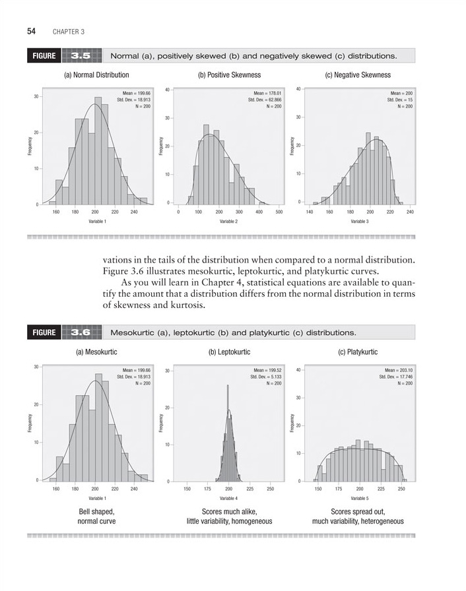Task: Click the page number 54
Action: [31, 31]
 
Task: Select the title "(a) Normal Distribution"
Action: [96, 75]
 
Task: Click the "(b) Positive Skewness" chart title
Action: [228, 75]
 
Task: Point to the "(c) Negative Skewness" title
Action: [358, 75]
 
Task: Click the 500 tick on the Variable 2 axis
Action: [280, 212]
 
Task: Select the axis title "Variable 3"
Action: [360, 222]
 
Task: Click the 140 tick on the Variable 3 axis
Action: [309, 212]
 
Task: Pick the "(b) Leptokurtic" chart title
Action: [229, 352]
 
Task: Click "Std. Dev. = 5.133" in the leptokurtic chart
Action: [265, 377]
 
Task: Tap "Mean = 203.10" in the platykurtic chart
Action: [399, 370]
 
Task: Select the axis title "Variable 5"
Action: [360, 499]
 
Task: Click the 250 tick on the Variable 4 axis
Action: [270, 489]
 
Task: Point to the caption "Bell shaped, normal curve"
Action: [96, 516]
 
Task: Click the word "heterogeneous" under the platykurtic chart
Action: [381, 522]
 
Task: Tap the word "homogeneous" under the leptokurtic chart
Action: [251, 522]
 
